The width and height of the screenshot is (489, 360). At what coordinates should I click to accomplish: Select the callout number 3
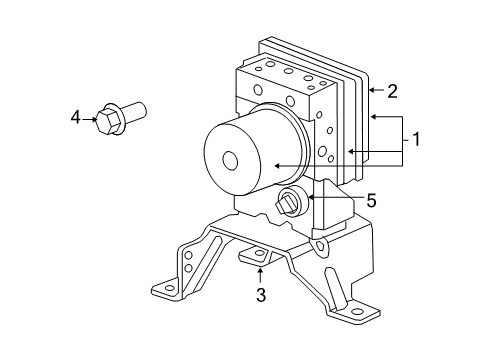260,294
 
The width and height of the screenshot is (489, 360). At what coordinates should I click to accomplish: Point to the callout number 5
370,200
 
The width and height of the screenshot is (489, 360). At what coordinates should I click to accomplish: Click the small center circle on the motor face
230,159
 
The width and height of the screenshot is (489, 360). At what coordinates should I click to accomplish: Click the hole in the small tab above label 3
258,258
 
